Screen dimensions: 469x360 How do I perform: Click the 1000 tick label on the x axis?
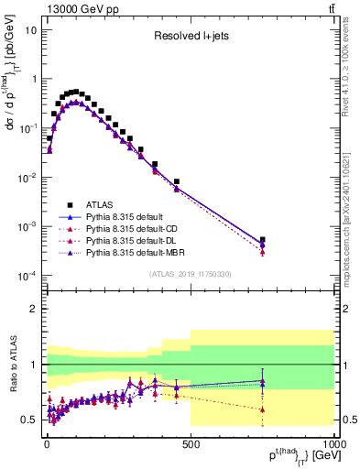pos(331,444)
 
